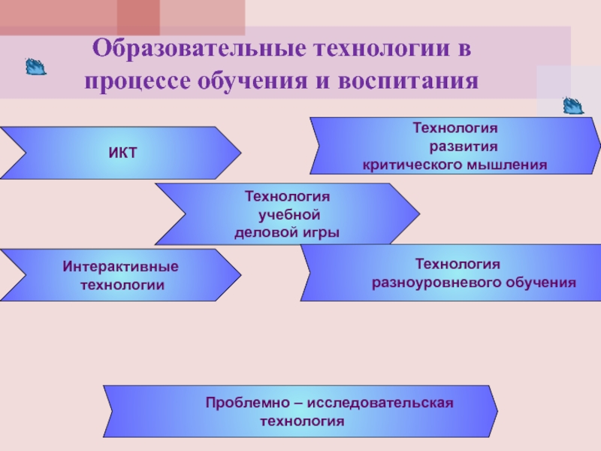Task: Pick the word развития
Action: (x=463, y=146)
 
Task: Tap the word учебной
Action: (x=290, y=215)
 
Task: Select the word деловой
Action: (x=267, y=233)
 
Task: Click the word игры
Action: (x=321, y=233)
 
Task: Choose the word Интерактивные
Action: (x=121, y=268)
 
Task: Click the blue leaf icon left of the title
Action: (x=35, y=68)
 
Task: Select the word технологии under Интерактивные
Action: (x=122, y=286)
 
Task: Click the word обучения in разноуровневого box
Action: (x=539, y=283)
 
